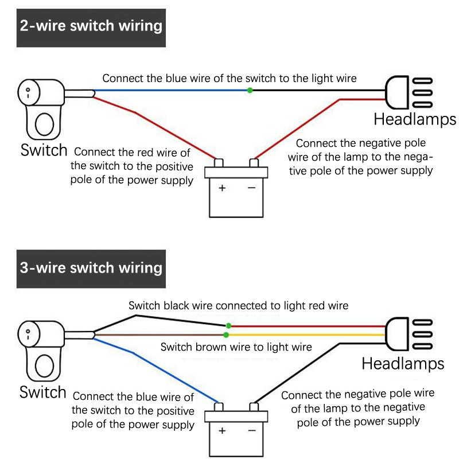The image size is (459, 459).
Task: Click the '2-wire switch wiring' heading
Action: click(x=91, y=26)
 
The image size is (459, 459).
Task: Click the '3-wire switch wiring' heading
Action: click(x=91, y=268)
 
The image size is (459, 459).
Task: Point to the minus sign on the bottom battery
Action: click(x=251, y=430)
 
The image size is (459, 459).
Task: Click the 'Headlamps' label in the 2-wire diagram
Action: click(x=415, y=119)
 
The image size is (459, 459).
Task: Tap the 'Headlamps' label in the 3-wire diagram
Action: click(x=403, y=363)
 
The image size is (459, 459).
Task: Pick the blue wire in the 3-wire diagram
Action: click(x=161, y=369)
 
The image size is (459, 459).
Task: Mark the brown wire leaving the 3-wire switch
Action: click(x=161, y=334)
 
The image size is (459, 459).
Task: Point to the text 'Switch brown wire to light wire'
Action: click(x=236, y=347)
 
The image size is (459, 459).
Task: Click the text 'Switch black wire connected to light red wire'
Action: click(x=238, y=305)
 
